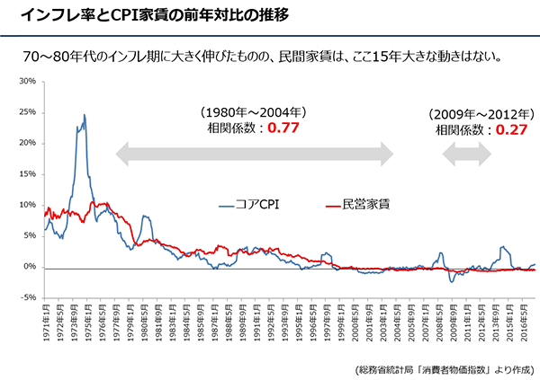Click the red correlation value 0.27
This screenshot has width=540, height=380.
click(511, 128)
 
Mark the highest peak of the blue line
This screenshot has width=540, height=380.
click(85, 115)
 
